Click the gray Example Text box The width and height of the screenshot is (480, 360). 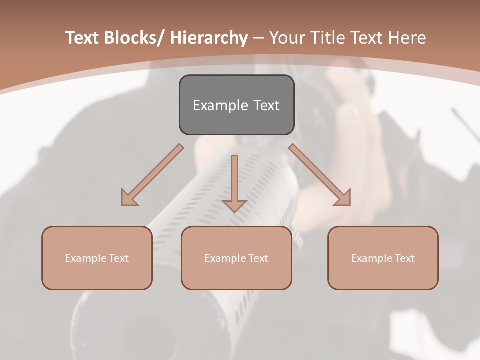point(236,105)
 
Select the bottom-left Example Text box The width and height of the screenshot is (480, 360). point(97,258)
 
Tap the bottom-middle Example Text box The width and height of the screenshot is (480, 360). point(236,258)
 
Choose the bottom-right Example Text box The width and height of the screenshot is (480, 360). point(383,258)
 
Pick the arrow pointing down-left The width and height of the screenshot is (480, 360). point(153,174)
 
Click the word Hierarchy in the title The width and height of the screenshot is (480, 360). point(209,38)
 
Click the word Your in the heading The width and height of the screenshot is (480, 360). point(287,38)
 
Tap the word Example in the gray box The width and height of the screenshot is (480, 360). point(220,105)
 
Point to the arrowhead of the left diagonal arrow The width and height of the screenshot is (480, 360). point(128,199)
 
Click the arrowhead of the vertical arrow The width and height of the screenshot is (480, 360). point(235,205)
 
